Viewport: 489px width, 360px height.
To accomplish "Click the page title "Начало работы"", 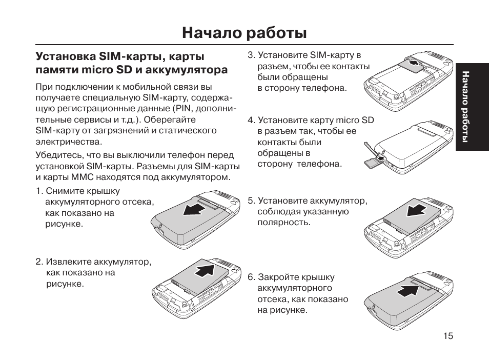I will [x=244, y=33].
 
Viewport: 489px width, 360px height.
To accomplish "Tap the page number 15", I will [x=448, y=336].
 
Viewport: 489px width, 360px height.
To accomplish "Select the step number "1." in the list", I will [x=39, y=191].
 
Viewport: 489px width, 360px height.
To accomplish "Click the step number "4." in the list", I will [x=251, y=121].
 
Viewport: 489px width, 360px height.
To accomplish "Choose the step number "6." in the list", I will [x=251, y=277].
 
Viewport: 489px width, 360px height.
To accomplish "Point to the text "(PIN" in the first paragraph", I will [x=182, y=109].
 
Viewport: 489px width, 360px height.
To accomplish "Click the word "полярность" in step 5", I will [x=283, y=223].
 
